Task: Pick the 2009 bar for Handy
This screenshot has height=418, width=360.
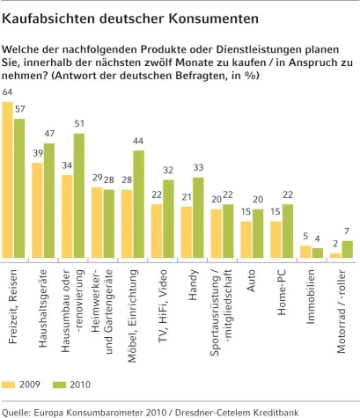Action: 187,232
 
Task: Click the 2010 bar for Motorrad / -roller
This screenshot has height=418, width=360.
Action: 347,249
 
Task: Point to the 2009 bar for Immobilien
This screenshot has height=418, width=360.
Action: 305,252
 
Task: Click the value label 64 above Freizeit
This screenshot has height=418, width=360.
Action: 8,92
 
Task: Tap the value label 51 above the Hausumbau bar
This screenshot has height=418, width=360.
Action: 79,124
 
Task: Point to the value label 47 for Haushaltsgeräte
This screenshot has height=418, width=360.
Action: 49,134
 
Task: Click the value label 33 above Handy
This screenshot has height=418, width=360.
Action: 198,168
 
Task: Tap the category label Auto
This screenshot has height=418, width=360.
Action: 253,276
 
